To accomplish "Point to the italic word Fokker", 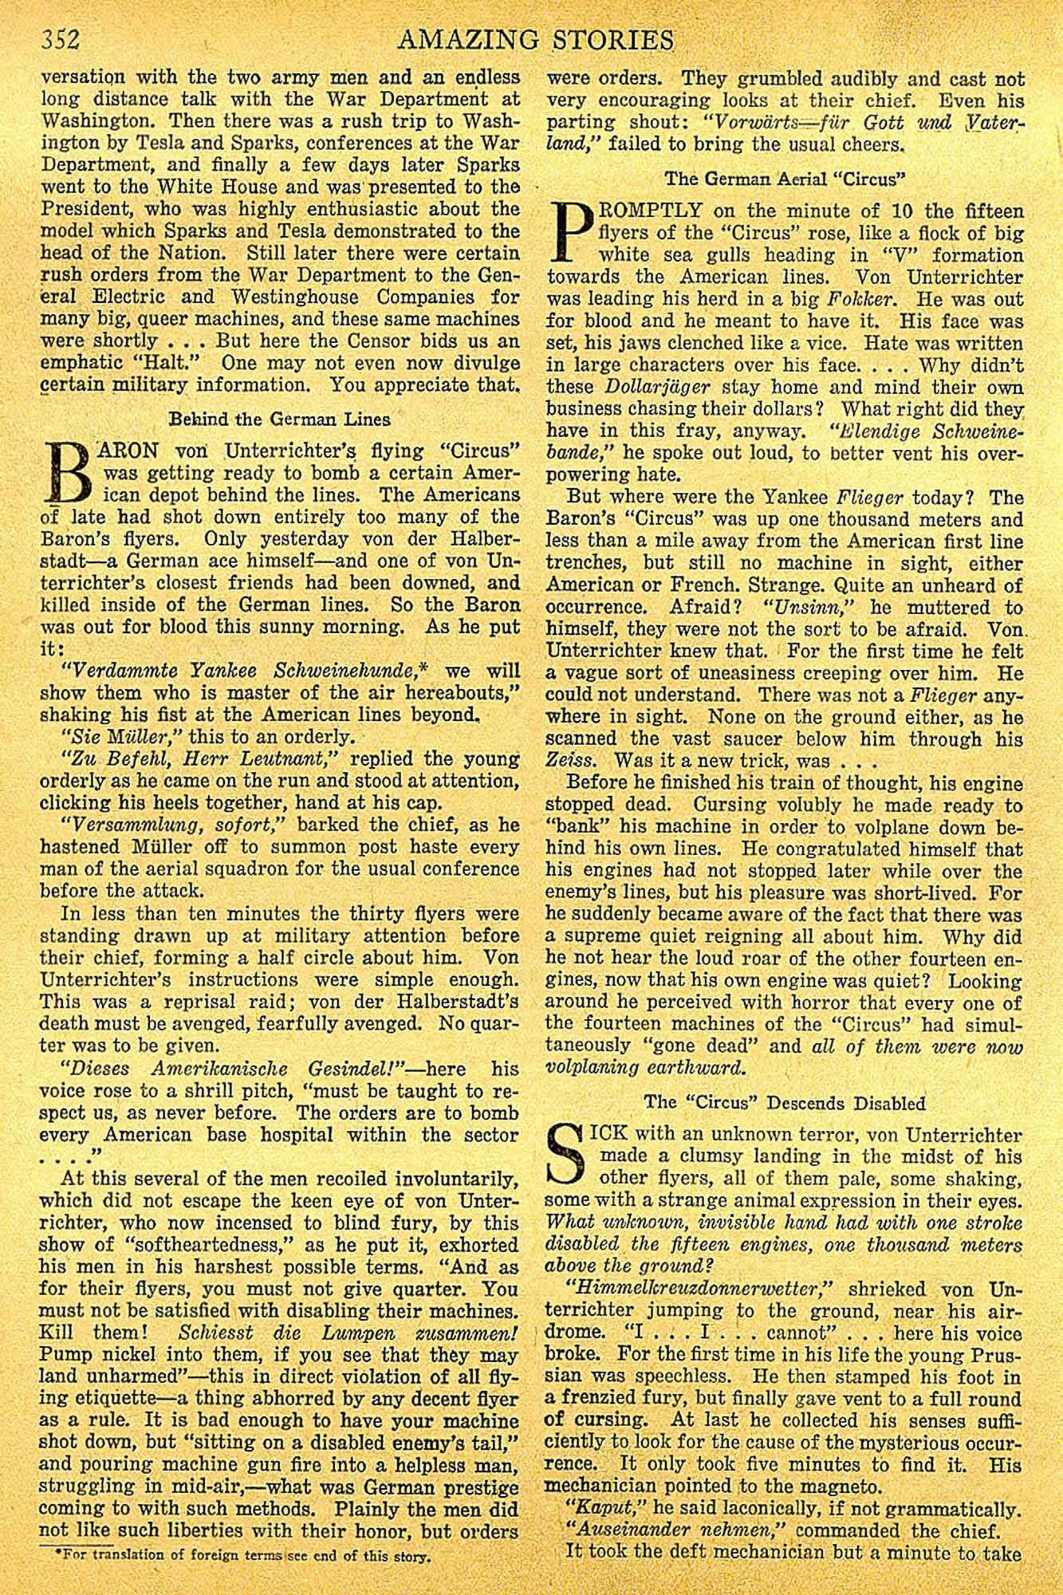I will [x=872, y=301].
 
